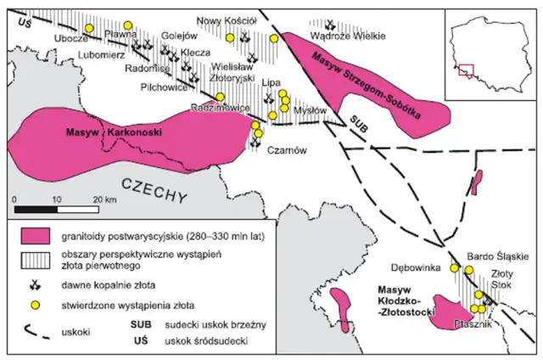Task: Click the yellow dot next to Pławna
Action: coord(128,26)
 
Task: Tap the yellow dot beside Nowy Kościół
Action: coord(273,38)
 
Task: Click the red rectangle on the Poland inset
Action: coord(465,70)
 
